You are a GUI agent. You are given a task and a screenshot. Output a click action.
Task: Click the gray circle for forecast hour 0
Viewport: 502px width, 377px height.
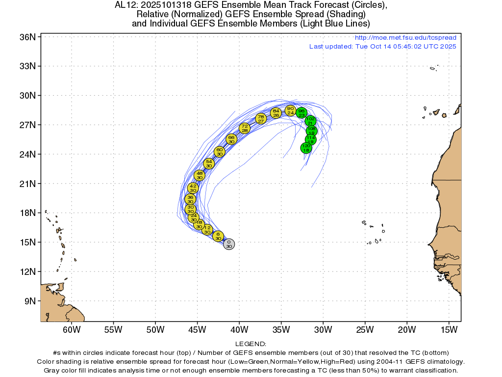pyautogui.click(x=229, y=244)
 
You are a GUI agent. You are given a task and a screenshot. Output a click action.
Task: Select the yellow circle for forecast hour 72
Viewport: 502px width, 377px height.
pyautogui.click(x=245, y=129)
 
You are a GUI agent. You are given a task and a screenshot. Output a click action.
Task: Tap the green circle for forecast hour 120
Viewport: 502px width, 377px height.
pyautogui.click(x=306, y=148)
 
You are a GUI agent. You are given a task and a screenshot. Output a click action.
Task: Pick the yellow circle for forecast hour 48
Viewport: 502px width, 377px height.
pyautogui.click(x=200, y=175)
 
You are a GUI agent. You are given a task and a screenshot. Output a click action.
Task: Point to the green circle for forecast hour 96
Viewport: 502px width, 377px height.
pyautogui.click(x=301, y=113)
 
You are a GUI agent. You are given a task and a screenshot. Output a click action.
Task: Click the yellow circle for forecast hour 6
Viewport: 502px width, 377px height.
pyautogui.click(x=218, y=236)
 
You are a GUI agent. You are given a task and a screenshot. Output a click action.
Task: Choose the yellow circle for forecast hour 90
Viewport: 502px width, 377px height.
pyautogui.click(x=290, y=110)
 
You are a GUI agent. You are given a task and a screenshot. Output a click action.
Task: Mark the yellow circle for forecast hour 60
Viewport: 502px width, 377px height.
pyautogui.click(x=220, y=152)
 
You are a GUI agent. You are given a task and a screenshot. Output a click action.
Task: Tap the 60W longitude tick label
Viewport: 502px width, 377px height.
pyautogui.click(x=72, y=329)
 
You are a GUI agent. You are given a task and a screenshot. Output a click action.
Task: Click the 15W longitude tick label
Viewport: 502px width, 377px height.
pyautogui.click(x=449, y=329)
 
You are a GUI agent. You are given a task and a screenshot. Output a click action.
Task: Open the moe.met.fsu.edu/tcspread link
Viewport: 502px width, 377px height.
pyautogui.click(x=405, y=38)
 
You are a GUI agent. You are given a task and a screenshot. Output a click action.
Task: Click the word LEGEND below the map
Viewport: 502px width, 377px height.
pyautogui.click(x=251, y=344)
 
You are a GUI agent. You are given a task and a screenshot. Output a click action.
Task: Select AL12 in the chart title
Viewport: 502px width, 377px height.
pyautogui.click(x=125, y=5)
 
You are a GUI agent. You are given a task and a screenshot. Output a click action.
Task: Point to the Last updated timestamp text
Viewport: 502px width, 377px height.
pyautogui.click(x=382, y=47)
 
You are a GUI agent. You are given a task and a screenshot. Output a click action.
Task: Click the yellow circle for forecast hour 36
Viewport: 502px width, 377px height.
pyautogui.click(x=191, y=199)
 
